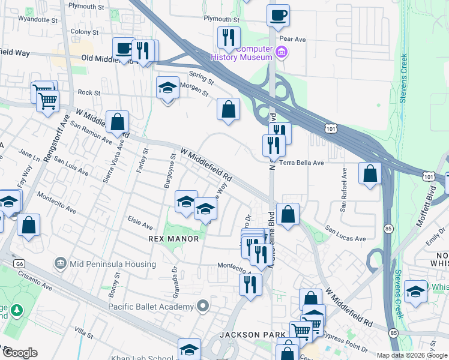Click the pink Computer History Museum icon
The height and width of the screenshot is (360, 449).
[x=281, y=53]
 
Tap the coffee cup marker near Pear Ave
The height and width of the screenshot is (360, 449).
[x=279, y=16]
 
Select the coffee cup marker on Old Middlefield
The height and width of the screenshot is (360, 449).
[x=124, y=49]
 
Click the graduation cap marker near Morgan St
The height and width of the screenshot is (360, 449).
[x=167, y=89]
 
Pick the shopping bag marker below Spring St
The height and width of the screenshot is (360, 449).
[x=228, y=110]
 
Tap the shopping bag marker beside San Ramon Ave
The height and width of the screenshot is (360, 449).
[x=118, y=122]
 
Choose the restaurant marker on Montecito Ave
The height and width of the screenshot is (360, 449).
[x=250, y=284]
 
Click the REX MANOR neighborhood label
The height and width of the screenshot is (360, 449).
[x=173, y=239]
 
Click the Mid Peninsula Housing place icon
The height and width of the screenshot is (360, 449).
[x=60, y=263]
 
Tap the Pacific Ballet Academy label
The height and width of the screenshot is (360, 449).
[x=151, y=307]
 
